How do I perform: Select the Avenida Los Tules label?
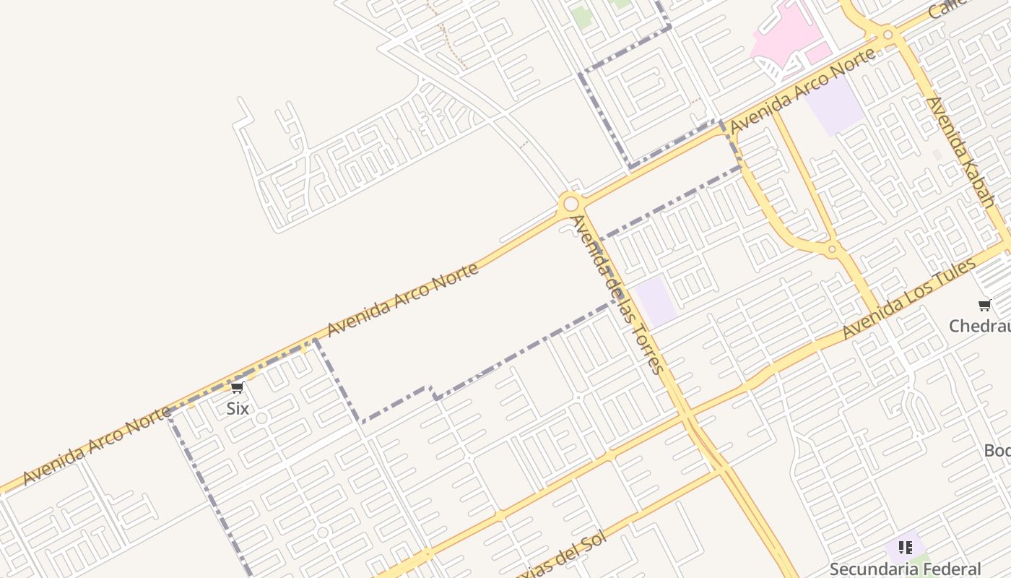pyautogui.click(x=909, y=298)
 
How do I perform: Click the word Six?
pyautogui.click(x=238, y=408)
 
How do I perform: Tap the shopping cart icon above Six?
pyautogui.click(x=237, y=388)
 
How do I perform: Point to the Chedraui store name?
pyautogui.click(x=980, y=326)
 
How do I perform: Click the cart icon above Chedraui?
pyautogui.click(x=984, y=305)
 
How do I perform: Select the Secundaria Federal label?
pyautogui.click(x=905, y=569)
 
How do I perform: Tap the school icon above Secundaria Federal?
pyautogui.click(x=905, y=548)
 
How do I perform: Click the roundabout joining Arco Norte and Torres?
pyautogui.click(x=570, y=204)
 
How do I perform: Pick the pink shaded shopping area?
pyautogui.click(x=784, y=33)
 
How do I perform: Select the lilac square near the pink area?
pyautogui.click(x=834, y=105)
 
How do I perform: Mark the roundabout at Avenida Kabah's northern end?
pyautogui.click(x=888, y=34)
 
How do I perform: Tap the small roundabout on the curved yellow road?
pyautogui.click(x=832, y=249)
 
